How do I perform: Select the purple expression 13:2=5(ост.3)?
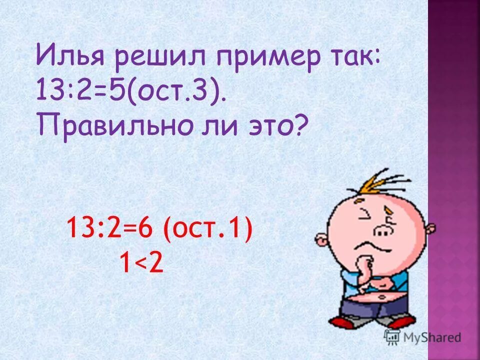coord(131,93)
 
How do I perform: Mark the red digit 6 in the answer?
coord(145,232)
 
